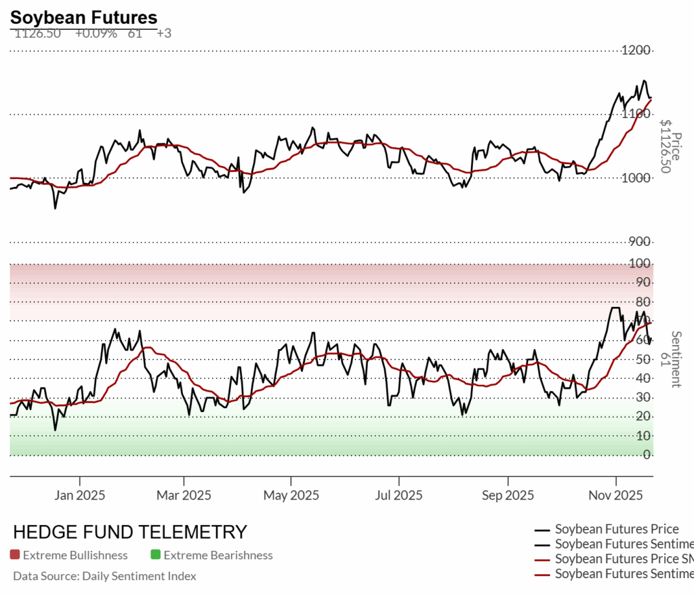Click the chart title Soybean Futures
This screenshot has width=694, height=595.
coord(83,18)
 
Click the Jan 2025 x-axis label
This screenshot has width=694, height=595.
coord(80,495)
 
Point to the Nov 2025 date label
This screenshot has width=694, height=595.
coord(615,495)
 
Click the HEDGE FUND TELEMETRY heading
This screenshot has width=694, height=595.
coord(130,532)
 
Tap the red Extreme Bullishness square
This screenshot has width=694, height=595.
coord(15,555)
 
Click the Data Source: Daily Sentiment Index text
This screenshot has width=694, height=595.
coord(104,576)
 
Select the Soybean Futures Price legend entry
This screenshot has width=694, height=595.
coord(616,529)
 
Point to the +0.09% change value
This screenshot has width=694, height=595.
coord(96,33)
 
